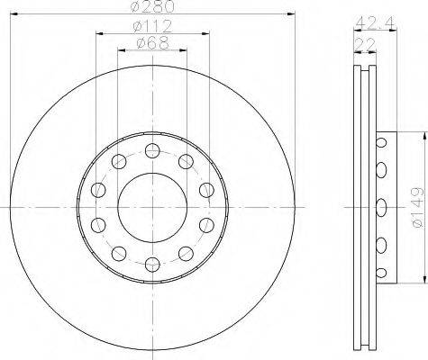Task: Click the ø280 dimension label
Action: (x=152, y=6)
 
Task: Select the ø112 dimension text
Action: (x=152, y=26)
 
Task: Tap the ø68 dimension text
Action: (x=152, y=43)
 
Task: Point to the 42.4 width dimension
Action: (x=376, y=22)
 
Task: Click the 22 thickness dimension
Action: (x=365, y=44)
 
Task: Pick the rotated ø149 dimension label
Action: (x=418, y=207)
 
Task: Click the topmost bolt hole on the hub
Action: (x=152, y=150)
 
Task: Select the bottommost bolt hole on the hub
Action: (x=152, y=265)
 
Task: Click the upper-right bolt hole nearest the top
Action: (x=186, y=161)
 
